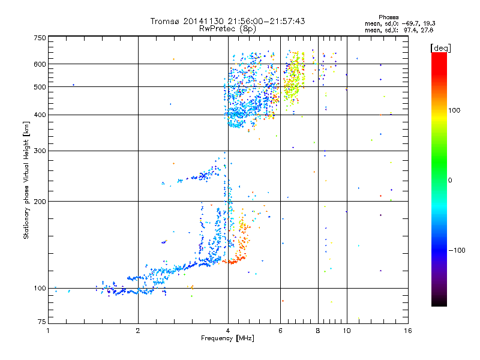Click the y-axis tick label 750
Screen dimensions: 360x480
(x=40, y=38)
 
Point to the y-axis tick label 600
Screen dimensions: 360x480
(x=40, y=64)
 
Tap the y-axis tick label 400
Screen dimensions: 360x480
(x=40, y=115)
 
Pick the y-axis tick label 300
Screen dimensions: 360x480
(x=40, y=151)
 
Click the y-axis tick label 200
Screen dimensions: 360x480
(x=40, y=201)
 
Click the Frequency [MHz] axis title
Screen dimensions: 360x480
(x=227, y=338)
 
